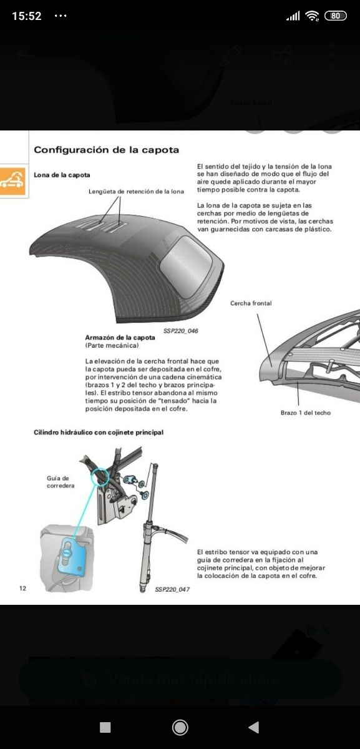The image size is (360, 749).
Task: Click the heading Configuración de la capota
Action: coord(106,150)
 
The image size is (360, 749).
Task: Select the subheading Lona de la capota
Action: coord(62,175)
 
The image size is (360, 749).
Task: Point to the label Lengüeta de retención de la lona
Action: coord(136,191)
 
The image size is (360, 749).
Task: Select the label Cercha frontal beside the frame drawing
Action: coord(251,303)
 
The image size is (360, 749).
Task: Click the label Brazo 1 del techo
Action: coord(306,413)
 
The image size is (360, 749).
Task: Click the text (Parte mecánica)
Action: coord(112,345)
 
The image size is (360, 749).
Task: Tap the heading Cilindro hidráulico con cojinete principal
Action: coord(98,433)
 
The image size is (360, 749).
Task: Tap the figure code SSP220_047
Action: coord(163,589)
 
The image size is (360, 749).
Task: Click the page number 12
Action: coord(23,588)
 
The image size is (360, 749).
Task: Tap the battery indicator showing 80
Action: coord(336,16)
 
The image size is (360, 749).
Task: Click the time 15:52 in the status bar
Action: coord(27,16)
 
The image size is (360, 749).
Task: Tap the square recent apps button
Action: coord(105,727)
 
